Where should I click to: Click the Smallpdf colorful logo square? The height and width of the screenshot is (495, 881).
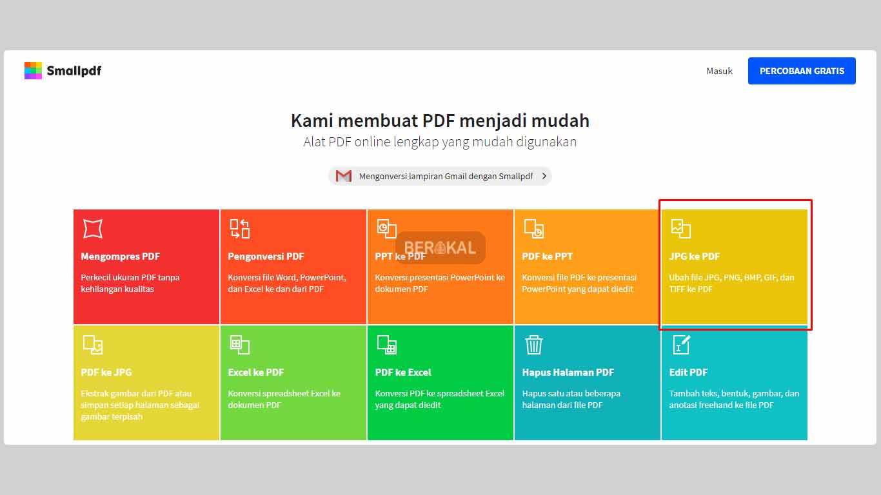click(33, 71)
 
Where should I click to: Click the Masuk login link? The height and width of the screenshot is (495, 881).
click(719, 71)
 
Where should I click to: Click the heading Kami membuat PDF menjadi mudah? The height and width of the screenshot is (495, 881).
click(440, 121)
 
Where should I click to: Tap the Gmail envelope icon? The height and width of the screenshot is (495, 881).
click(344, 176)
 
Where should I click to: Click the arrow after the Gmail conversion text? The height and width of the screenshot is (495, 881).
click(544, 176)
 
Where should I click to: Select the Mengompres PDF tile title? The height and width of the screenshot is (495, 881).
click(120, 257)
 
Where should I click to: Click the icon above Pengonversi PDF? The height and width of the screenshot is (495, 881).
click(239, 229)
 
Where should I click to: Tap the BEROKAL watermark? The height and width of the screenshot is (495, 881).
click(440, 247)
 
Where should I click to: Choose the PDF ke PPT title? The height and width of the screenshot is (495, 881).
click(547, 257)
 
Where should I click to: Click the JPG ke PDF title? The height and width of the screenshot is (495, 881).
click(694, 257)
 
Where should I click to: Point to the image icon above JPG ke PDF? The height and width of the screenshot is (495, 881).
click(680, 229)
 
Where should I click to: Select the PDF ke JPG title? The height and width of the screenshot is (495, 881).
click(106, 373)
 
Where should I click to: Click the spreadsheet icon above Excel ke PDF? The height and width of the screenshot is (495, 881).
click(239, 345)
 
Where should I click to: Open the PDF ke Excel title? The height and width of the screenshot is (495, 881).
click(403, 373)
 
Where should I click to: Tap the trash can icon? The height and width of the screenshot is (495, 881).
click(533, 345)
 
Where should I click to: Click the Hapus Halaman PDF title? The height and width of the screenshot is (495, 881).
click(568, 373)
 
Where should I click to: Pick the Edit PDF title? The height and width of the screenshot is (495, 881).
click(688, 373)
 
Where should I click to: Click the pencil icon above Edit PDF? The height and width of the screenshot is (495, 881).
click(682, 344)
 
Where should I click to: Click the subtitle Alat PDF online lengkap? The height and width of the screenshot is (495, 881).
click(440, 142)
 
